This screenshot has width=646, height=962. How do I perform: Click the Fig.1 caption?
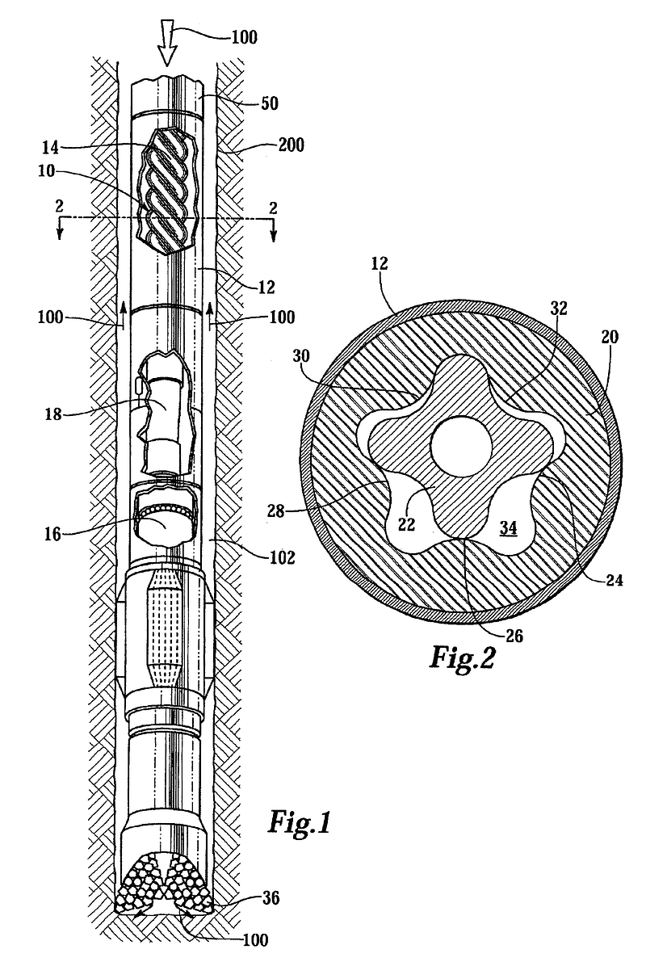click(x=299, y=822)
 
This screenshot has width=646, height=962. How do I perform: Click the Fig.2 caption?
click(x=461, y=657)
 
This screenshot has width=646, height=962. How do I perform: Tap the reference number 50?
click(x=270, y=103)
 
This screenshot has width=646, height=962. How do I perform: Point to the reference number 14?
click(x=52, y=147)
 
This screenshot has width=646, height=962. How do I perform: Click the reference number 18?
click(x=53, y=414)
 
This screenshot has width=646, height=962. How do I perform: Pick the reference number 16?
click(x=52, y=534)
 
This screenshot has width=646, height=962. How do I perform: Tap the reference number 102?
click(x=282, y=557)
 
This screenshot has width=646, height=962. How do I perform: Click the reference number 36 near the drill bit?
click(x=270, y=898)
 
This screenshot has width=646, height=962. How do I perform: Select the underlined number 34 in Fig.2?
click(x=507, y=527)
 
